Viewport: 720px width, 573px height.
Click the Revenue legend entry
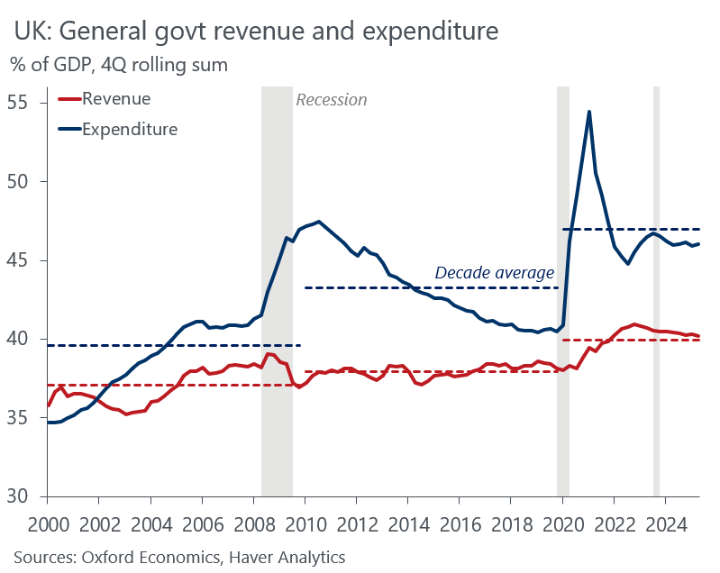116,99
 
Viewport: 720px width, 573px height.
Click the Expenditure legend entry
130,129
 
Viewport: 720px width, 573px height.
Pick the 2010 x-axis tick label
305,525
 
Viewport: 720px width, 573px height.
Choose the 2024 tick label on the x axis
666,525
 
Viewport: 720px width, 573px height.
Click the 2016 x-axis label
460,525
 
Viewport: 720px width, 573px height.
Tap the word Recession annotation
332,100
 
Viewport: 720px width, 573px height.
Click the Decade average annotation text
495,273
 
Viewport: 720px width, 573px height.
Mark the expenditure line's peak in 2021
588,112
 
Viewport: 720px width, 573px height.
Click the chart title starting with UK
255,32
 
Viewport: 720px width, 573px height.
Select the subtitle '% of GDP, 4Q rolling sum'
119,65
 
